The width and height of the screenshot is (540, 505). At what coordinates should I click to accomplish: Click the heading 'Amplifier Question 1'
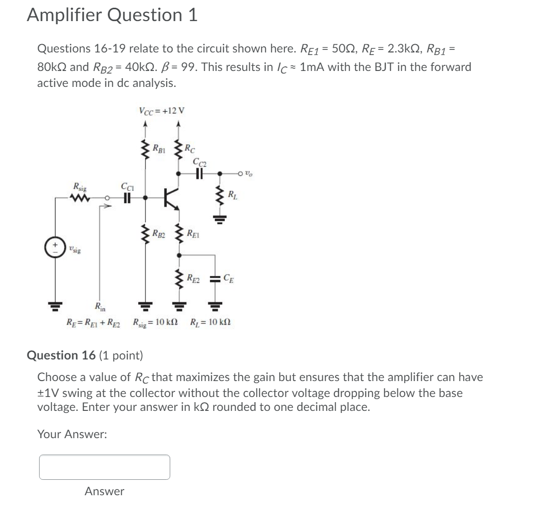(x=112, y=15)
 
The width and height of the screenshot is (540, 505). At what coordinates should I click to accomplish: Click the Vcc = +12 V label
(x=162, y=110)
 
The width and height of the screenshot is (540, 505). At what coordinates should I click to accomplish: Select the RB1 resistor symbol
(x=145, y=150)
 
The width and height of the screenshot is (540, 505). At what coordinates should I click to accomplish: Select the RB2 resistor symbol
(x=145, y=233)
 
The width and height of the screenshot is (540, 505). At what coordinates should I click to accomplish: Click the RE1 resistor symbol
(x=179, y=234)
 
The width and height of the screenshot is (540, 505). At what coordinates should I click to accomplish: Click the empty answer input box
(x=104, y=467)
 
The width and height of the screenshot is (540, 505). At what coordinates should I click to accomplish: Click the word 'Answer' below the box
(x=104, y=492)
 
